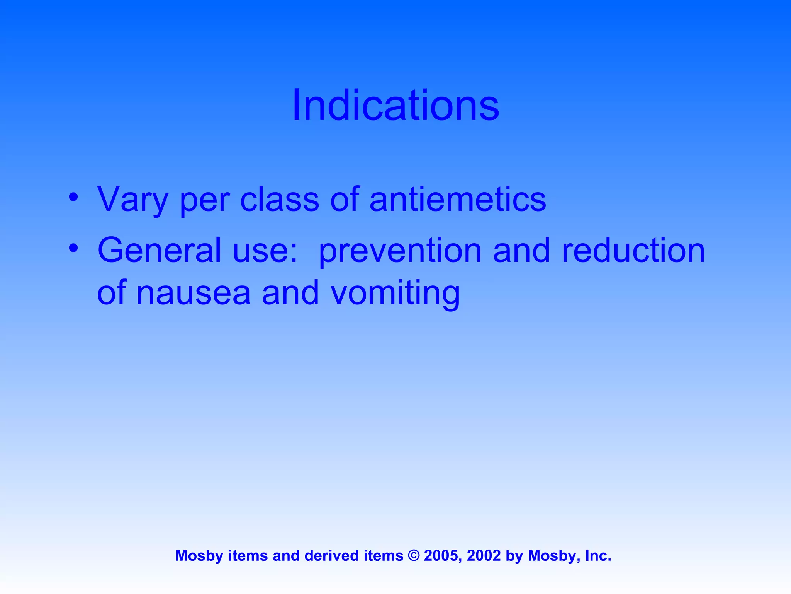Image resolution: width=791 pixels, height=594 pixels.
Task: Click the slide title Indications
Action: [x=395, y=105]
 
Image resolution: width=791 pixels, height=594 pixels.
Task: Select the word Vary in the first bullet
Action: [x=132, y=200]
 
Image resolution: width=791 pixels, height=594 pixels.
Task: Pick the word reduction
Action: [x=633, y=250]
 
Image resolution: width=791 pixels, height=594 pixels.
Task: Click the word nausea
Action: [x=194, y=293]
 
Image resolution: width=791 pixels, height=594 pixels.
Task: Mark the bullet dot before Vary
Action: [x=73, y=197]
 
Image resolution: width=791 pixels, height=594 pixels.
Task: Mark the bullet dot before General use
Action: [x=73, y=248]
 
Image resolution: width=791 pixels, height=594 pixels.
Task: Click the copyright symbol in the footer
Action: [x=414, y=556]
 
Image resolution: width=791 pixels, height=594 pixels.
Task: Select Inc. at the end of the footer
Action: [x=598, y=556]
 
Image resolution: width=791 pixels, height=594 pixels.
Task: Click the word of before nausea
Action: [x=112, y=293]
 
